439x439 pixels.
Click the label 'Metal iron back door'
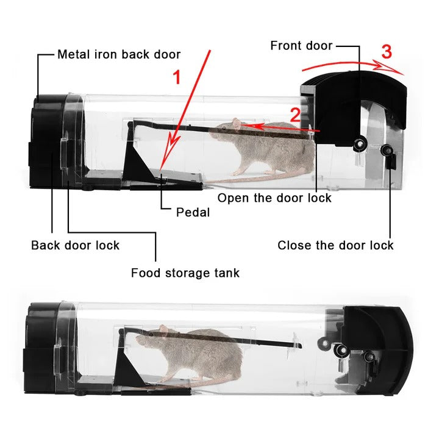pyautogui.click(x=119, y=54)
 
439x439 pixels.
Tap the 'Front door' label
pyautogui.click(x=301, y=45)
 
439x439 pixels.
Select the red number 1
pyautogui.click(x=177, y=78)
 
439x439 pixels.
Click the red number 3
pyautogui.click(x=387, y=52)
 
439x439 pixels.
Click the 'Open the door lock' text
pyautogui.click(x=274, y=198)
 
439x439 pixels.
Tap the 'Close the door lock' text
pyautogui.click(x=335, y=245)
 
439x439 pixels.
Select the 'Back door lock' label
pyautogui.click(x=75, y=245)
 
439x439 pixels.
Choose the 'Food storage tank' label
pyautogui.click(x=185, y=273)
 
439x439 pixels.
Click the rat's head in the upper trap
pyautogui.click(x=227, y=130)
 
